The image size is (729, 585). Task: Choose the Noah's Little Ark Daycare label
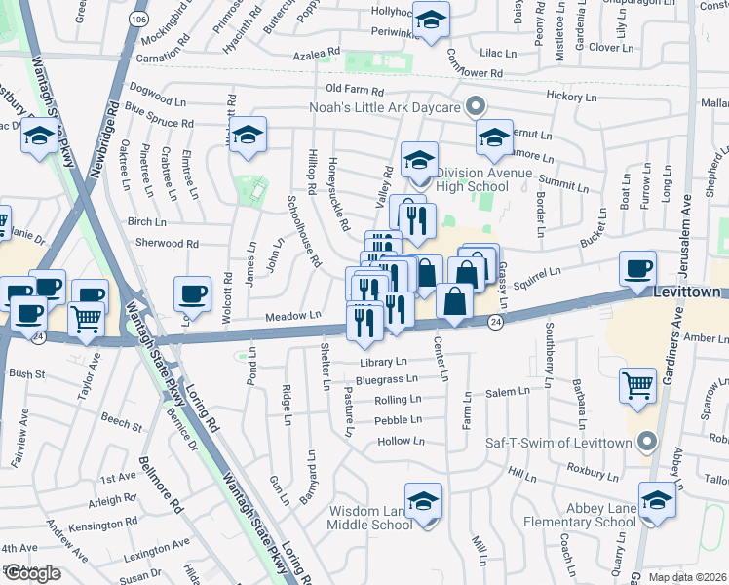(384, 107)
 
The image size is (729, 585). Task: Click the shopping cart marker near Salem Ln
(637, 384)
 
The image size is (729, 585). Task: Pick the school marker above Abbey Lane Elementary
(658, 499)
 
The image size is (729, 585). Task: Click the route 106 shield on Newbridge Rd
(137, 19)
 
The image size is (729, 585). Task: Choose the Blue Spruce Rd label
(160, 123)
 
